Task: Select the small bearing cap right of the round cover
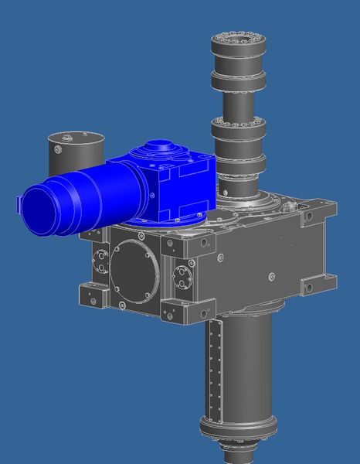[182, 275]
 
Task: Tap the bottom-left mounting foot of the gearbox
[91, 295]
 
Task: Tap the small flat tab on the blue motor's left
[19, 204]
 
